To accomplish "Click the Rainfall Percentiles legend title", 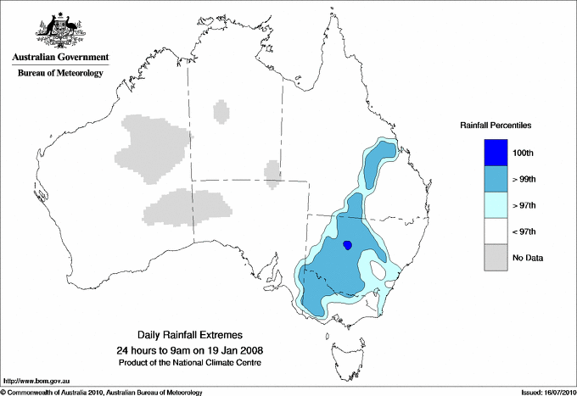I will pyautogui.click(x=496, y=125).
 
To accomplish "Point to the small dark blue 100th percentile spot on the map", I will pyautogui.click(x=347, y=246).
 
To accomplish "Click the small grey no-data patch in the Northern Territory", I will pyautogui.click(x=221, y=111).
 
